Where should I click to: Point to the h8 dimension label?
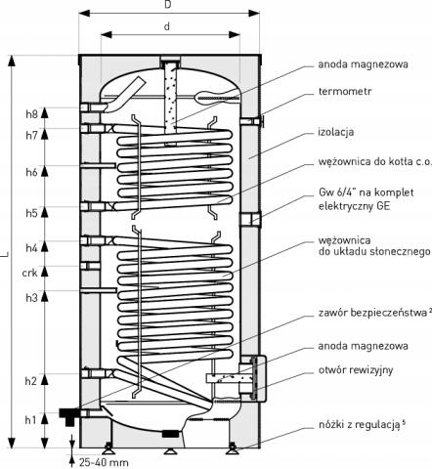(31, 114)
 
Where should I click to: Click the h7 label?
(31, 135)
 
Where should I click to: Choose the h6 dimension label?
(31, 172)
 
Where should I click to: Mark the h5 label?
(31, 213)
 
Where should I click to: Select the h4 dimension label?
(31, 248)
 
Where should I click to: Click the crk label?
(29, 274)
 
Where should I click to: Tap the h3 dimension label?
(31, 297)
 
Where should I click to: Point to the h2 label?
(31, 380)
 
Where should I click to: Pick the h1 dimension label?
(31, 420)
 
